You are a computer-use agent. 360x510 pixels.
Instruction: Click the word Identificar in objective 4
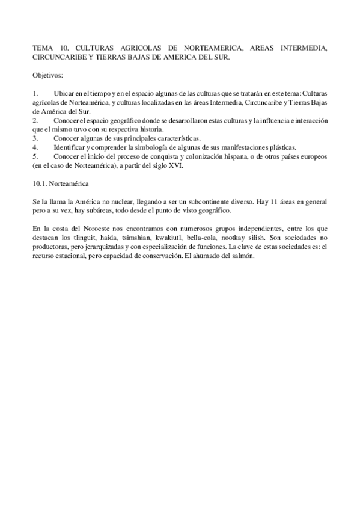point(72,146)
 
